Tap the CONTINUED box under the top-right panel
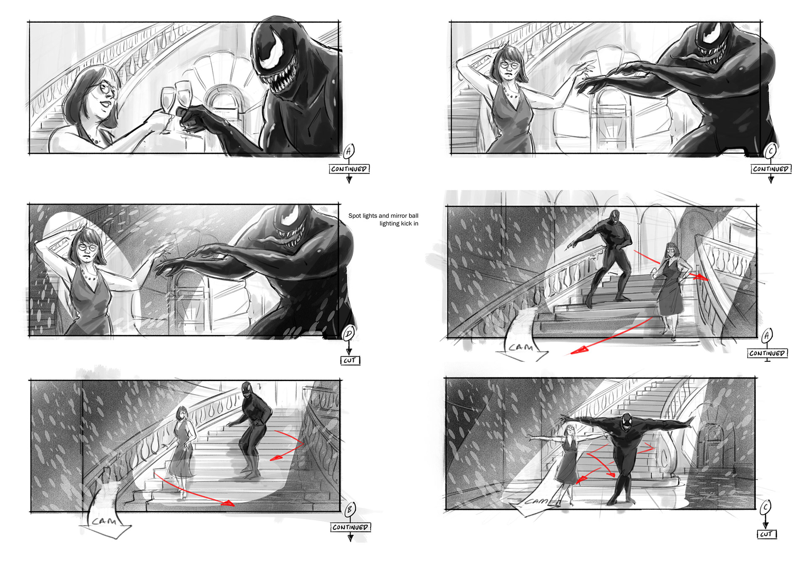[770, 169]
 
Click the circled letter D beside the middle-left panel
[348, 334]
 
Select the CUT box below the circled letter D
[350, 361]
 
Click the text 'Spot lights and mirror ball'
[383, 216]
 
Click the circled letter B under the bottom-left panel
[350, 509]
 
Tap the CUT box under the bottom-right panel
[767, 534]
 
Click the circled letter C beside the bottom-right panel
[765, 508]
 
